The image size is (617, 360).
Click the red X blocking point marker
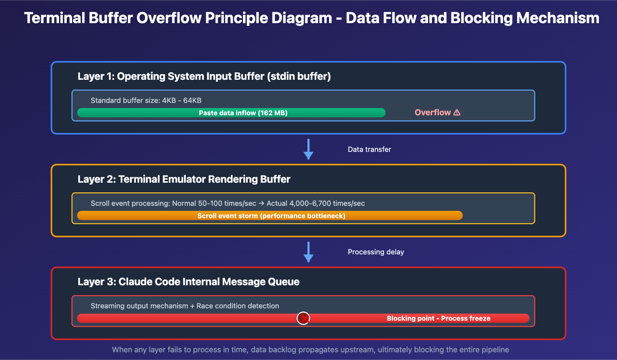303,318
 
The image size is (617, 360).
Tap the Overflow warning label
433,113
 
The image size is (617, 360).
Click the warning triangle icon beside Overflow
457,113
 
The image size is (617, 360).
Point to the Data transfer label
369,150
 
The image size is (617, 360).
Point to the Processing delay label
376,252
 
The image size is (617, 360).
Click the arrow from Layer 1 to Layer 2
308,149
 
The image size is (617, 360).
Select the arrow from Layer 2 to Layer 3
308,252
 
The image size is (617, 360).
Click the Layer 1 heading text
204,76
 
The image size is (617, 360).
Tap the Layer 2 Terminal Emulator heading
184,179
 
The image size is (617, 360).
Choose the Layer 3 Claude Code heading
189,282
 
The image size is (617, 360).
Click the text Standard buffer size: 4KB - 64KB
146,101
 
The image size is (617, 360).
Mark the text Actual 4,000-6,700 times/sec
315,204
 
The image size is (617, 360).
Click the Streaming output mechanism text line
185,306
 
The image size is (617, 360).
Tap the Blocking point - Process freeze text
438,318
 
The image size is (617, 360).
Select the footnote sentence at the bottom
310,350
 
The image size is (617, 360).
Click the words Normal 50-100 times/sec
214,204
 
